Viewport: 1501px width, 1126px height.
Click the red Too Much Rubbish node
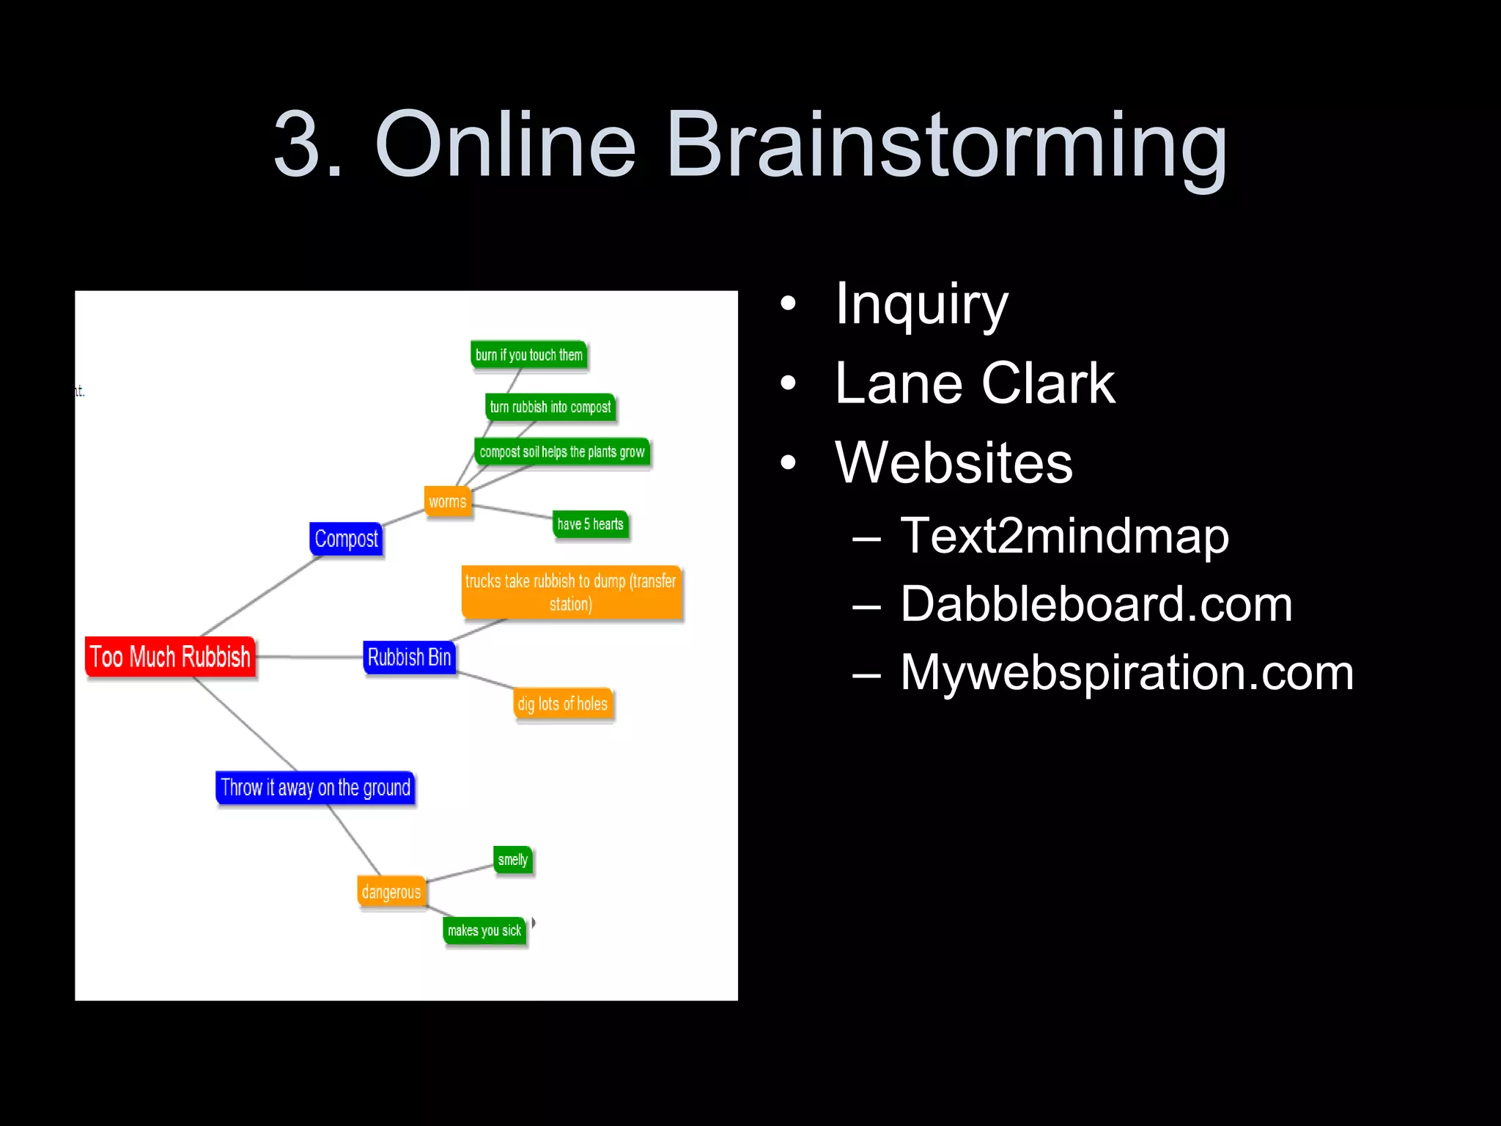(x=170, y=657)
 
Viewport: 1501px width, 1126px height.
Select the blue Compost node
(x=346, y=539)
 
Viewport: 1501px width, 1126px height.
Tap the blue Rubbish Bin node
(x=409, y=657)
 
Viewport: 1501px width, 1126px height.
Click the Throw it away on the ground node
(x=315, y=788)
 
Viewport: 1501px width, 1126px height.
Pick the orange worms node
(x=447, y=502)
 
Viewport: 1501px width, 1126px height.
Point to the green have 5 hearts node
(x=591, y=524)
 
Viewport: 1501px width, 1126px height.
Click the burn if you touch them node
(x=528, y=356)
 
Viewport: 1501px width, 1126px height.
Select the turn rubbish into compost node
(x=550, y=408)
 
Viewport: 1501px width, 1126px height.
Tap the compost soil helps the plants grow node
(x=562, y=452)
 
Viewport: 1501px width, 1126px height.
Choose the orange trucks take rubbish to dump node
(x=571, y=592)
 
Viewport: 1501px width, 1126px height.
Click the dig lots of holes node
(x=563, y=704)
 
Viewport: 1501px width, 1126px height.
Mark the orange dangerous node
(x=391, y=892)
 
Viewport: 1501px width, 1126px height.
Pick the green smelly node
(x=513, y=860)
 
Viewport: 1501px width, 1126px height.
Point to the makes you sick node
(x=484, y=931)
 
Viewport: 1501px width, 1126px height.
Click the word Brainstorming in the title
(x=945, y=144)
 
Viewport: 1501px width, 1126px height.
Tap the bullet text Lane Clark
(x=975, y=383)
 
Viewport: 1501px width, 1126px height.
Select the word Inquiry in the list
(x=922, y=303)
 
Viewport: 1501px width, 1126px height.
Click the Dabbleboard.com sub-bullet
(x=1096, y=604)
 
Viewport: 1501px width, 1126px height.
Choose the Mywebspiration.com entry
(x=1126, y=672)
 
